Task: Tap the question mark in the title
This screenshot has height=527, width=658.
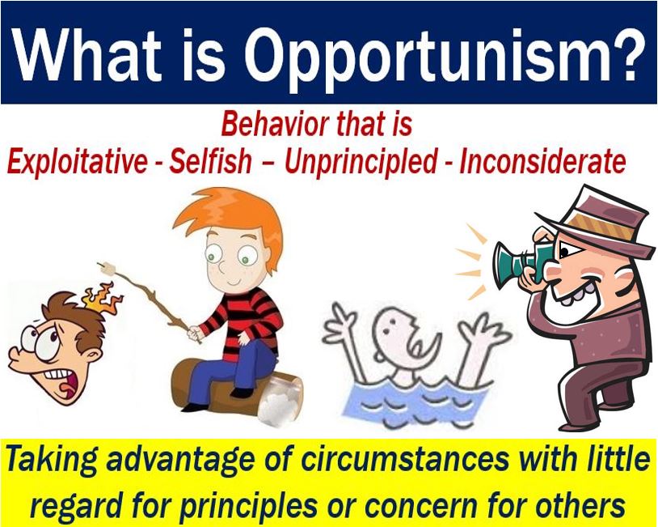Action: click(x=624, y=53)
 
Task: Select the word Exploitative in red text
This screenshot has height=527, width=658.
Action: click(x=78, y=161)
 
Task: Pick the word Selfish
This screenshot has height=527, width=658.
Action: click(x=210, y=161)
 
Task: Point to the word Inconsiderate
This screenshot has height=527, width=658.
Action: click(x=542, y=161)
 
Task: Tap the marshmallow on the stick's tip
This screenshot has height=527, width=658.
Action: click(x=108, y=268)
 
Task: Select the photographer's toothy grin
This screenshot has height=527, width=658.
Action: click(x=574, y=295)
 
